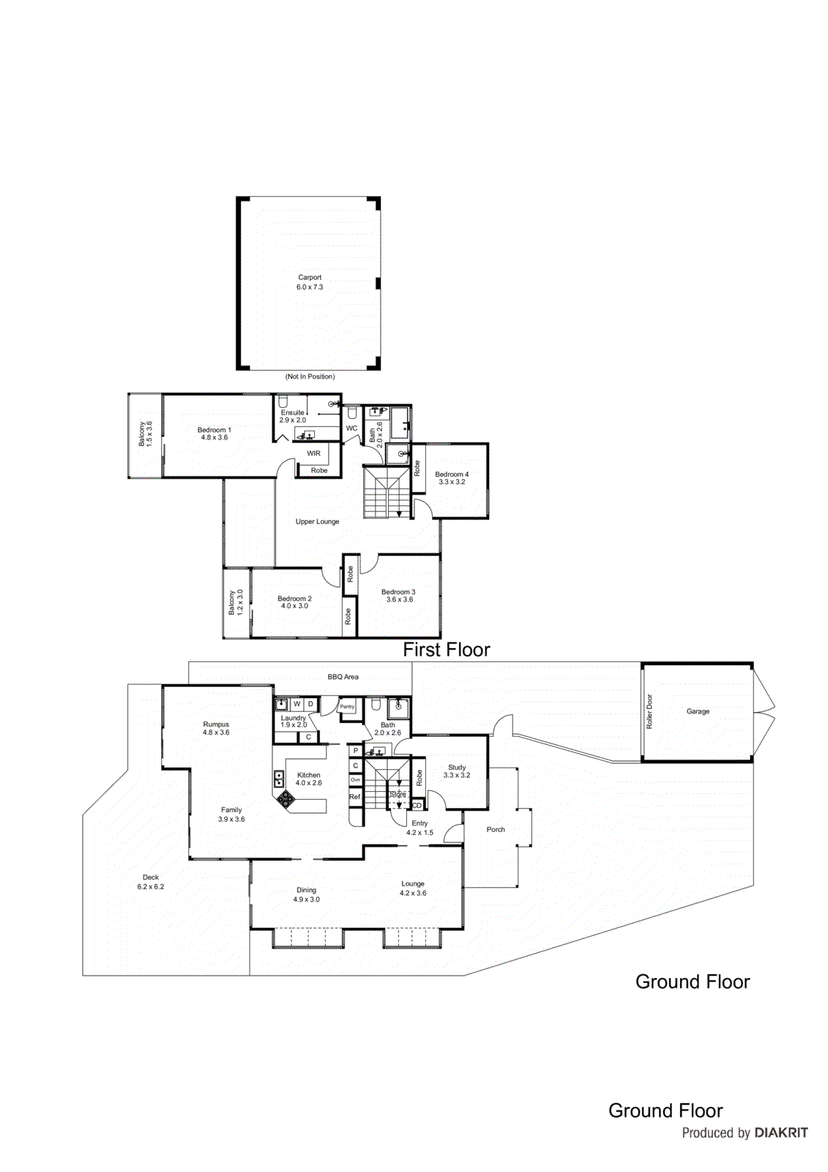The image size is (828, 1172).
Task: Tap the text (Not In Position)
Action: pyautogui.click(x=310, y=377)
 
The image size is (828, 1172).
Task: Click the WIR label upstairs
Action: pyautogui.click(x=313, y=453)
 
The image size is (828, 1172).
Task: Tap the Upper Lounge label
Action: pyautogui.click(x=317, y=522)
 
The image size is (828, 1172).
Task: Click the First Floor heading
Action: pyautogui.click(x=447, y=649)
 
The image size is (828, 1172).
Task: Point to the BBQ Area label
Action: pyautogui.click(x=343, y=677)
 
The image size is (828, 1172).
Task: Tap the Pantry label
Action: pyautogui.click(x=347, y=707)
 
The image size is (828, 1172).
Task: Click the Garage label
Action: pyautogui.click(x=698, y=711)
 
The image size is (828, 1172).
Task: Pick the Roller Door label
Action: pyautogui.click(x=649, y=711)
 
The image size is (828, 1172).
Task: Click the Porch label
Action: pyautogui.click(x=496, y=829)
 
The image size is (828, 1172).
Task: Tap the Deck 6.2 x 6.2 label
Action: pyautogui.click(x=151, y=882)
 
